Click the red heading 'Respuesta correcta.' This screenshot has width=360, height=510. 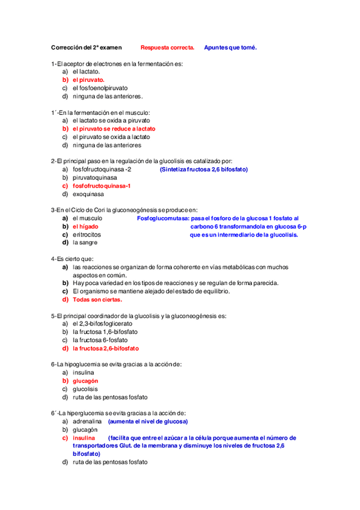point(167,47)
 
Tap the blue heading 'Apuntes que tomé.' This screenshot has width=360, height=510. point(230,47)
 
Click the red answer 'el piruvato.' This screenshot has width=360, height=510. point(88,79)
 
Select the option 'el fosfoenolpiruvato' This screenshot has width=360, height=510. point(100,87)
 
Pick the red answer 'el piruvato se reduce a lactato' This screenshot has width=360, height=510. point(114,129)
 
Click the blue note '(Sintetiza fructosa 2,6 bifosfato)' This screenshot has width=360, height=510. point(203,170)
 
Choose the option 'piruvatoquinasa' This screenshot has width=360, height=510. point(95,178)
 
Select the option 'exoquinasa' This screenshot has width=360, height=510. point(88,194)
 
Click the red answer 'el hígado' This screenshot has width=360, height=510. point(85,227)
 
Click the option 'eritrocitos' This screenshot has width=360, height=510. point(87,235)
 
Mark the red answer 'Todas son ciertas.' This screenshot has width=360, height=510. point(97,300)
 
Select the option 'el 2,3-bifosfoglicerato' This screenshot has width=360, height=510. point(103,324)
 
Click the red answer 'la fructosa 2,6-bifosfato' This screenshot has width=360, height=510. point(106,348)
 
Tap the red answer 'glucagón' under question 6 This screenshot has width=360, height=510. point(85,381)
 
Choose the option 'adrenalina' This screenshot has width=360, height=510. point(87,422)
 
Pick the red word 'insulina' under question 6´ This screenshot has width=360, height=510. point(84,438)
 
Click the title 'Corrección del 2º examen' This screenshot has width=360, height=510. point(86,47)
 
